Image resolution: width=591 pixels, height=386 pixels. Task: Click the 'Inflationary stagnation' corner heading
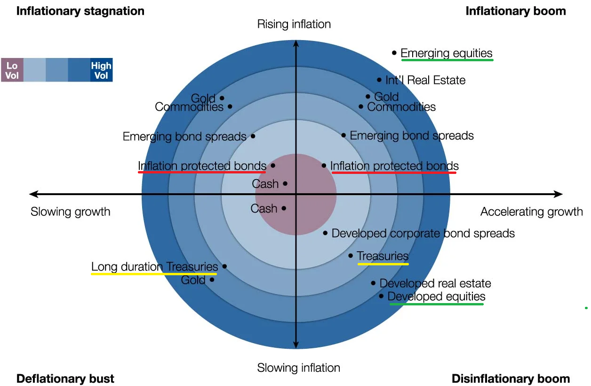click(x=80, y=11)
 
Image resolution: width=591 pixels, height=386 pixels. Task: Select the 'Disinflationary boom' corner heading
click(x=511, y=378)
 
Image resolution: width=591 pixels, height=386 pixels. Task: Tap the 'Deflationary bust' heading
click(x=65, y=378)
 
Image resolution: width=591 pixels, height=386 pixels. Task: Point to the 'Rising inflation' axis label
click(x=294, y=24)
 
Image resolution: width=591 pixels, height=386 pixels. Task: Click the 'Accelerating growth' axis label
click(x=531, y=212)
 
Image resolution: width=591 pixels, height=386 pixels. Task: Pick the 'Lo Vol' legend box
click(x=12, y=70)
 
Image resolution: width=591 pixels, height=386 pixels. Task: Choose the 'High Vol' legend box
click(x=101, y=70)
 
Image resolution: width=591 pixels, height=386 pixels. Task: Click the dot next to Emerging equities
click(x=394, y=53)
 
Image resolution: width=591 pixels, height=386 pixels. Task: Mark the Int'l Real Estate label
click(x=425, y=80)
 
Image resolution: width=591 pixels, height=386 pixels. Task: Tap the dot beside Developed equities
click(x=381, y=296)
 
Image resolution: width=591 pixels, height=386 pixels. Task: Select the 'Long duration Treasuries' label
click(x=154, y=267)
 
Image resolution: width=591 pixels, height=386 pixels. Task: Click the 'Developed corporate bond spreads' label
click(x=423, y=233)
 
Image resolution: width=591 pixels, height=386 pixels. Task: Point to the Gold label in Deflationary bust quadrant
click(x=193, y=280)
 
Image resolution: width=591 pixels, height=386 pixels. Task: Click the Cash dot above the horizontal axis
click(x=285, y=183)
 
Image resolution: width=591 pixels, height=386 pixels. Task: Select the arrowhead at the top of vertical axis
click(x=295, y=44)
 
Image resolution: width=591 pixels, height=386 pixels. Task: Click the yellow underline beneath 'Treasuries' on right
click(x=383, y=264)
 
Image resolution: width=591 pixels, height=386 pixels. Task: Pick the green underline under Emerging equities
click(x=447, y=60)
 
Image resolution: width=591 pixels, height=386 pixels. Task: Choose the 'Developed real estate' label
click(x=435, y=283)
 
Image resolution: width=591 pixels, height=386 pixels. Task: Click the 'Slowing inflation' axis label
click(x=298, y=368)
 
